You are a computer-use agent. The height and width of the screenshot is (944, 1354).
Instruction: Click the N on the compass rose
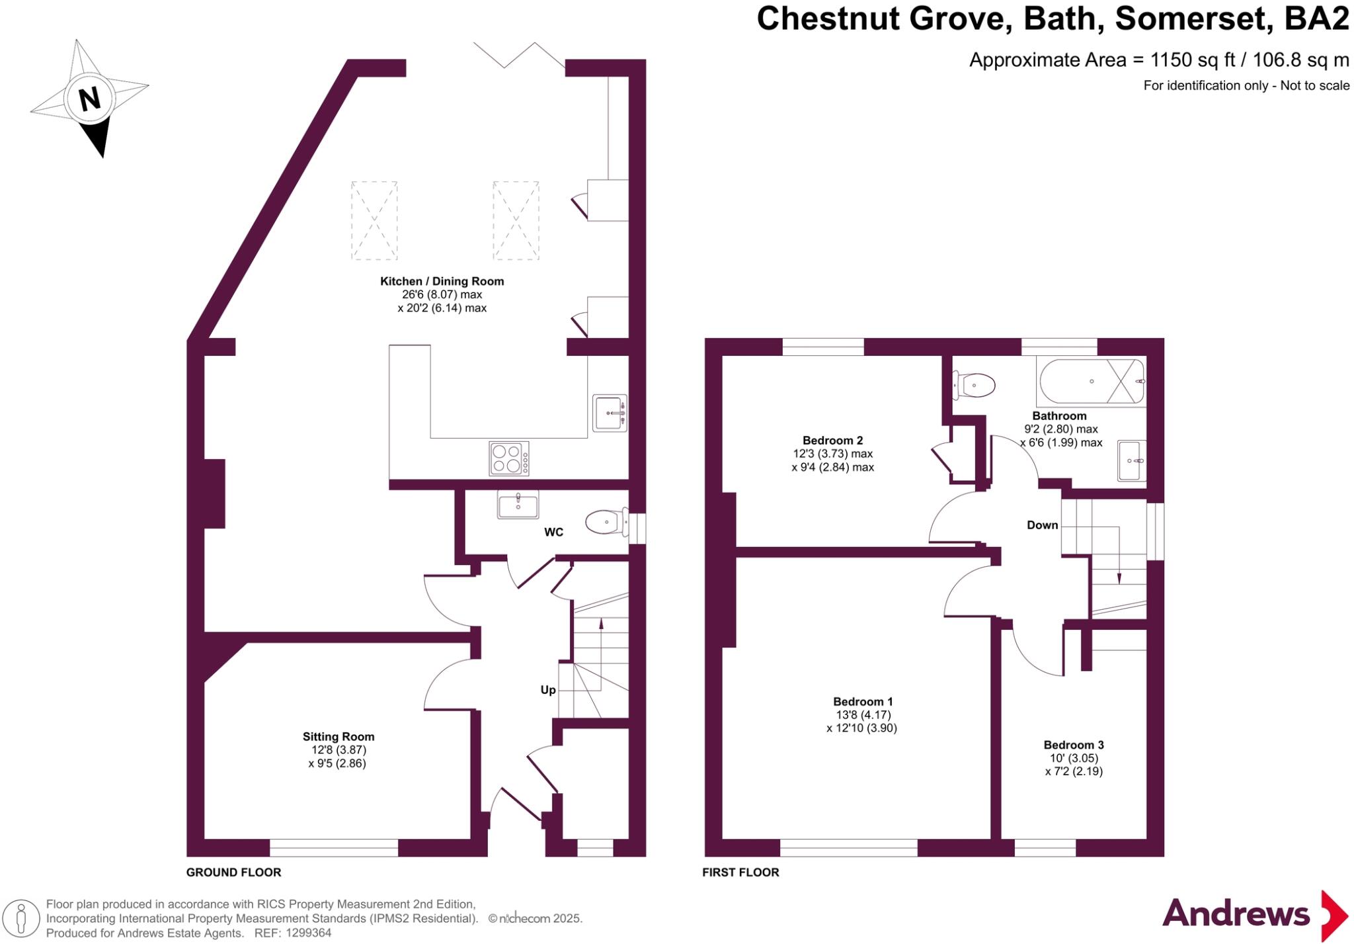[x=89, y=100]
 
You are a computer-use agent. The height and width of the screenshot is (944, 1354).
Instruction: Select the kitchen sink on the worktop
[x=610, y=413]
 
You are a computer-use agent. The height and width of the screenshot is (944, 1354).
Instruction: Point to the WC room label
[x=553, y=533]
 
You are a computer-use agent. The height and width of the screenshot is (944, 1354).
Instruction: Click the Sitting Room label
[x=338, y=737]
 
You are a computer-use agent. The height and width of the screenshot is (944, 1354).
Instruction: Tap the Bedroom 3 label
[x=1074, y=745]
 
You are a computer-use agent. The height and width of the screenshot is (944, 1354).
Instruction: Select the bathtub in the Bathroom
[x=1091, y=382]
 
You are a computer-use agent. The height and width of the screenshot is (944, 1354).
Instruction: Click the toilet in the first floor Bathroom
[x=975, y=385]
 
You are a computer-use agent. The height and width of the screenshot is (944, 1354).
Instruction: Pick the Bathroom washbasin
[x=1132, y=460]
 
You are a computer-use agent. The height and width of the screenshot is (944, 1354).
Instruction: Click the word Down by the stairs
[x=1042, y=525]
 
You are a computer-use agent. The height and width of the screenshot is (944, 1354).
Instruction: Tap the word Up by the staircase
[x=547, y=690]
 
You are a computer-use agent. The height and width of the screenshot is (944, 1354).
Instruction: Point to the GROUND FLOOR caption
[x=233, y=873]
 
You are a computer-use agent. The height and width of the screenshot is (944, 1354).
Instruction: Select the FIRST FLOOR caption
[x=740, y=873]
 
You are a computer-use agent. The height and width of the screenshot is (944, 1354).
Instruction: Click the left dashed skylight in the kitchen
[x=374, y=220]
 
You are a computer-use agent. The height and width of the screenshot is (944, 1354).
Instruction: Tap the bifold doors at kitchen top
[x=519, y=56]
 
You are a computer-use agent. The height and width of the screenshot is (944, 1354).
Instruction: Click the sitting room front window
[x=334, y=847]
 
